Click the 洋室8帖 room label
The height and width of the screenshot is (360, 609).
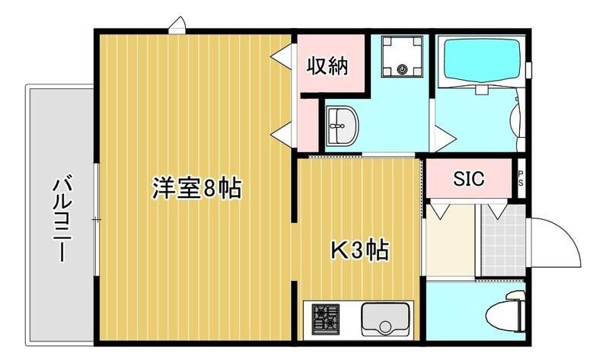(x=196, y=187)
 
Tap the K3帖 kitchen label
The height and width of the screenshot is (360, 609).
(x=360, y=250)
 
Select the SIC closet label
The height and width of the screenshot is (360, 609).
(x=470, y=180)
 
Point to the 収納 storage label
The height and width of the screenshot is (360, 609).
(x=327, y=66)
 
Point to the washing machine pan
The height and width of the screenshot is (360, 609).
(x=401, y=55)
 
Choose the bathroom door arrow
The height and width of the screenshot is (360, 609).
(x=446, y=138)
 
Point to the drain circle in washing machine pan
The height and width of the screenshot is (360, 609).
(x=402, y=72)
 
